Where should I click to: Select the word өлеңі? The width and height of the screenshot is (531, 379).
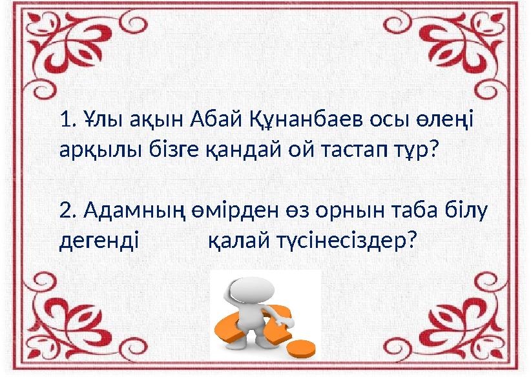[x=446, y=120]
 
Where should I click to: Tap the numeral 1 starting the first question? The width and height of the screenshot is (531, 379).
[x=63, y=120]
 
